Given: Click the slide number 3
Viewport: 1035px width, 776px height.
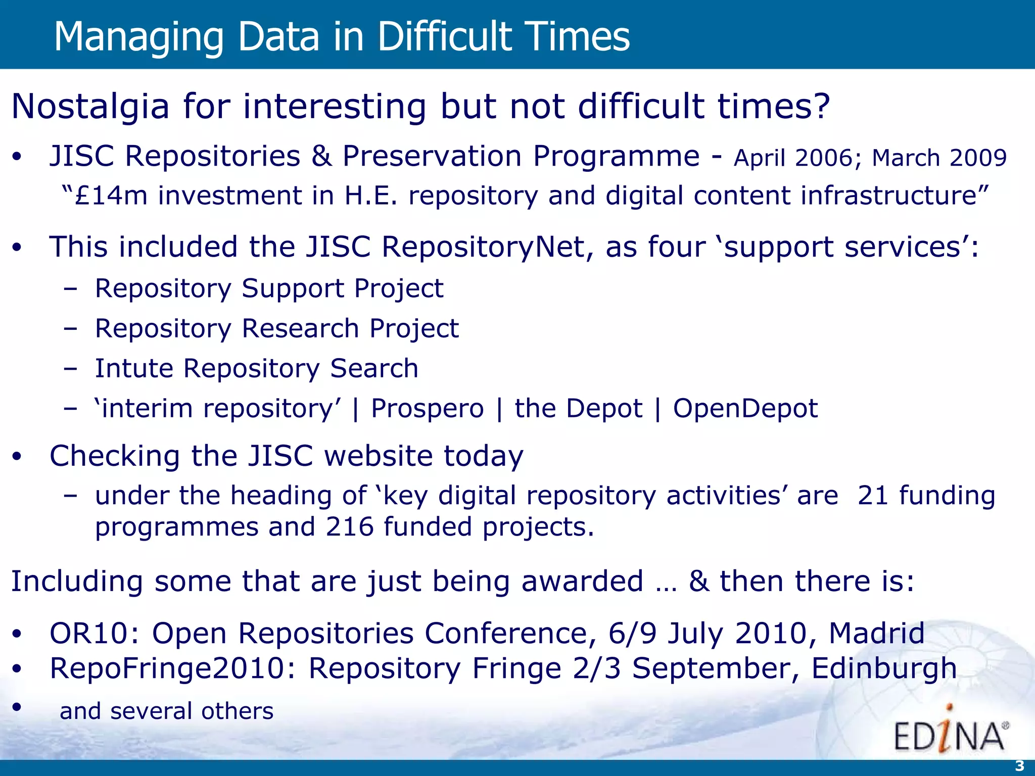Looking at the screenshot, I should click(1019, 766).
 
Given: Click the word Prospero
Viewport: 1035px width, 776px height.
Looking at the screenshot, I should click(427, 408).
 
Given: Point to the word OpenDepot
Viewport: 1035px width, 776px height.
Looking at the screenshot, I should click(745, 408).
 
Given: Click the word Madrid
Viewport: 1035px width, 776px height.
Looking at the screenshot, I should click(876, 633).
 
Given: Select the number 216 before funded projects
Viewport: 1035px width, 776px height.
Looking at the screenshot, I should click(349, 527).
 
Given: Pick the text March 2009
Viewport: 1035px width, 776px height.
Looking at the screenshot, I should click(939, 158).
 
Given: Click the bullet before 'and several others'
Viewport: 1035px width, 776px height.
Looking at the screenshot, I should click(17, 707).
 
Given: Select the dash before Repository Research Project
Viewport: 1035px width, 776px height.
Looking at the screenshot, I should click(71, 329).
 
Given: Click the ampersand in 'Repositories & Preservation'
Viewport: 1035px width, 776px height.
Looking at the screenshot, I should click(321, 156).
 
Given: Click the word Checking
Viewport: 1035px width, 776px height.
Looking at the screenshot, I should click(115, 456).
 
